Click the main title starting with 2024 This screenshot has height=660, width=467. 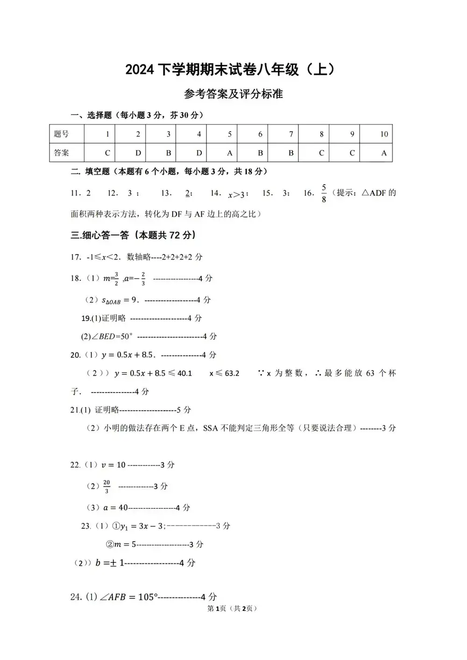[230, 70]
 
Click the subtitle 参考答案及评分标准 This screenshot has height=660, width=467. [233, 94]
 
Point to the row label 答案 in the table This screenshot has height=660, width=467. [62, 153]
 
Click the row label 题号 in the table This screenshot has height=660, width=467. [62, 134]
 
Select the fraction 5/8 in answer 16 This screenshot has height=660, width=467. [324, 193]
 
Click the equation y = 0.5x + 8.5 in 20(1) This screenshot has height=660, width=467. [127, 355]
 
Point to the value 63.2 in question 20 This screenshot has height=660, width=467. [232, 373]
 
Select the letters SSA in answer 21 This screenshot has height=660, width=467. [211, 428]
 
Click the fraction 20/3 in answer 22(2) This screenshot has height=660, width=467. [107, 486]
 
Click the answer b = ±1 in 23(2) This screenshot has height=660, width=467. [110, 563]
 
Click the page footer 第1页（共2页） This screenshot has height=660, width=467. [232, 608]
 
